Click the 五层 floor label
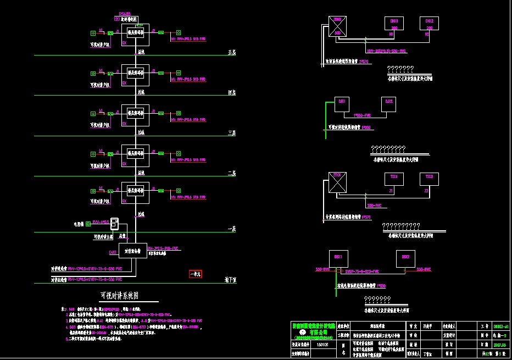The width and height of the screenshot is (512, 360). [232, 53]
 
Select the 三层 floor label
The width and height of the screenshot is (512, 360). [232, 133]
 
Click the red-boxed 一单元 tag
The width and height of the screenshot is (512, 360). [196, 274]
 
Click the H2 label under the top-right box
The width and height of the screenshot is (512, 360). [428, 34]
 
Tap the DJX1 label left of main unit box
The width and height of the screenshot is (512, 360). [113, 252]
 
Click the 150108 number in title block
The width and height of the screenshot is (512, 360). [322, 345]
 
